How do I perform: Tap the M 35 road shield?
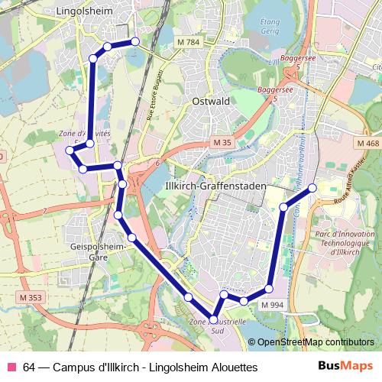click(x=222, y=143)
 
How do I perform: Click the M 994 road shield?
click(x=271, y=305)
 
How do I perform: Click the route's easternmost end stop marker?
click(x=312, y=188)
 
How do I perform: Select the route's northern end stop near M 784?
click(x=135, y=41)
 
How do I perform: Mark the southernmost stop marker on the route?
click(x=213, y=319)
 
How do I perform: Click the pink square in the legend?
click(x=11, y=367)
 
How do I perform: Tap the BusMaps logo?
click(x=346, y=367)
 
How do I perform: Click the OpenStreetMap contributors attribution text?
click(x=316, y=342)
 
